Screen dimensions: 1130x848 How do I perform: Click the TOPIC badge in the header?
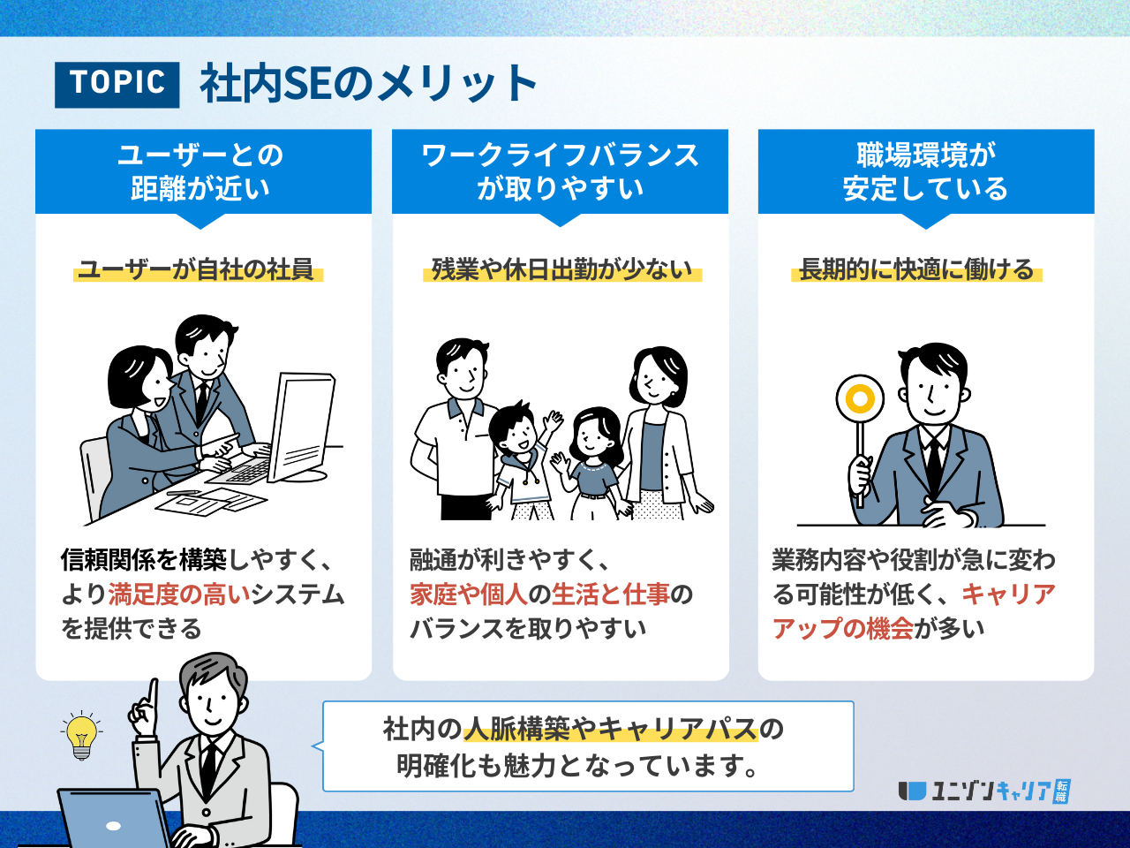pyautogui.click(x=117, y=85)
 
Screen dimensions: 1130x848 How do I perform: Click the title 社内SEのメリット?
pyautogui.click(x=369, y=83)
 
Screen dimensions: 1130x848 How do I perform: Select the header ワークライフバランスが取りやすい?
pyautogui.click(x=560, y=171)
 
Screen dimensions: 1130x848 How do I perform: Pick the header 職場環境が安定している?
pyautogui.click(x=926, y=171)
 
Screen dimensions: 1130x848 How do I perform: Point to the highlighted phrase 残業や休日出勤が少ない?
pyautogui.click(x=562, y=269)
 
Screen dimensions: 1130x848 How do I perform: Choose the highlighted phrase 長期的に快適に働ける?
pyautogui.click(x=916, y=269)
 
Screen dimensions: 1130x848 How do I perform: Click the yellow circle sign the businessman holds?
pyautogui.click(x=860, y=399)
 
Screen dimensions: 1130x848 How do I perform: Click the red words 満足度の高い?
pyautogui.click(x=178, y=594)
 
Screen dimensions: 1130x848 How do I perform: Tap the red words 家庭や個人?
pyautogui.click(x=469, y=594)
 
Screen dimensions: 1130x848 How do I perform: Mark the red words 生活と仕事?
pyautogui.click(x=611, y=594)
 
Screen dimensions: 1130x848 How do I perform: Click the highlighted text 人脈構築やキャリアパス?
pyautogui.click(x=611, y=729)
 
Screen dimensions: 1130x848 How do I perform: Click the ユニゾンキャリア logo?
pyautogui.click(x=984, y=791)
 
